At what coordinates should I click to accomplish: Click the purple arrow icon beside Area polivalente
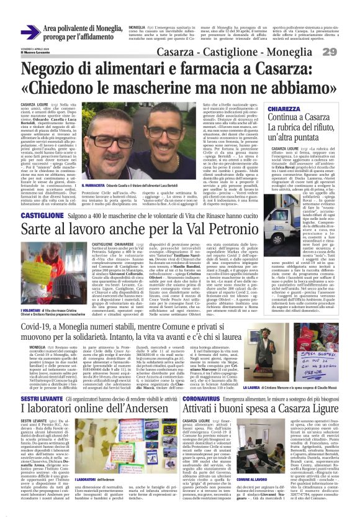click(31, 32)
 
